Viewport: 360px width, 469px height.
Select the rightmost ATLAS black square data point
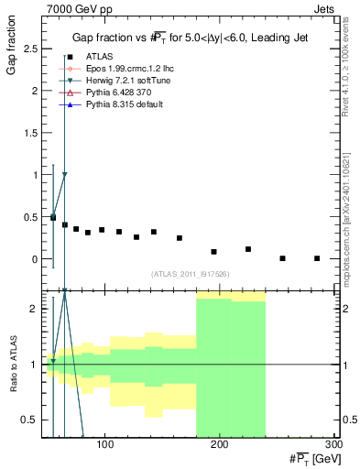317,258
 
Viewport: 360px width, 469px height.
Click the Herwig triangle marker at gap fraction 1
64,174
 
